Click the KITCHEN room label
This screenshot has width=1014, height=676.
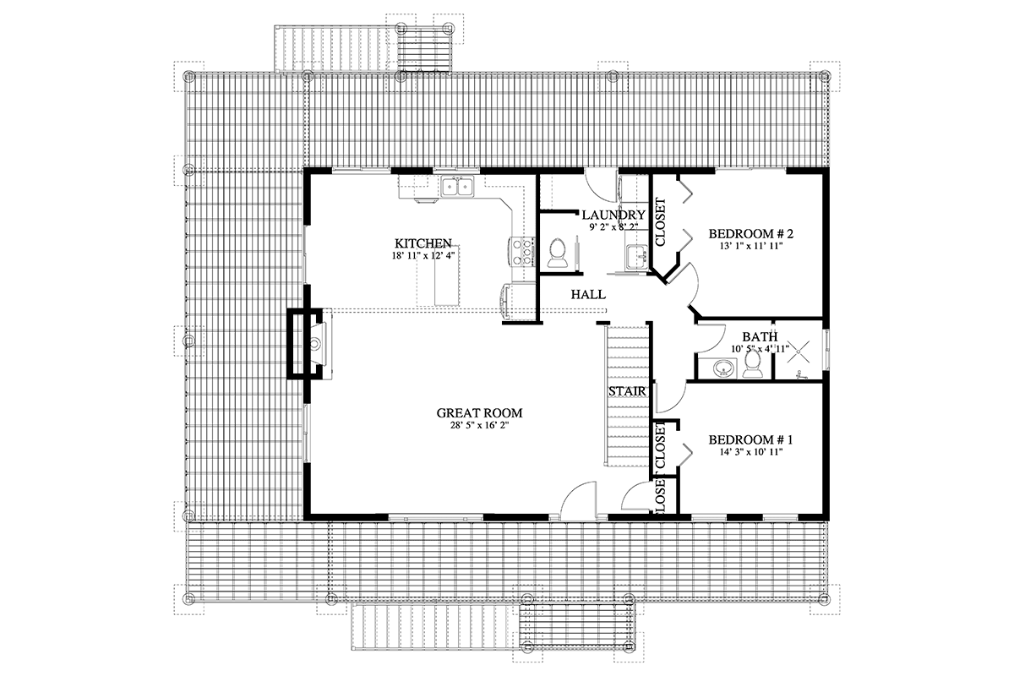422,243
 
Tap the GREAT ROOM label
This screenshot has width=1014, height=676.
479,413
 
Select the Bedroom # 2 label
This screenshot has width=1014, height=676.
751,233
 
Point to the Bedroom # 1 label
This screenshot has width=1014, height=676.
750,439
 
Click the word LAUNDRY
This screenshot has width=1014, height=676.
613,215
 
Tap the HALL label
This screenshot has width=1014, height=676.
588,295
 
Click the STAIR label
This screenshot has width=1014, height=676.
627,391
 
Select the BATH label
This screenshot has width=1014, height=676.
760,337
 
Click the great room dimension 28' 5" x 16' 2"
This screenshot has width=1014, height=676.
478,426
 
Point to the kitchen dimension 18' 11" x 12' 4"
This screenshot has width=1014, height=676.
423,256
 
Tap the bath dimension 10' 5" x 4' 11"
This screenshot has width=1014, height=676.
760,349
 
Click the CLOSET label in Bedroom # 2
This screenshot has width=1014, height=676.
661,222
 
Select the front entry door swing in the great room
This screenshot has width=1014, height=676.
578,499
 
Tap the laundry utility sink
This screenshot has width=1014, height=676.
638,258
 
